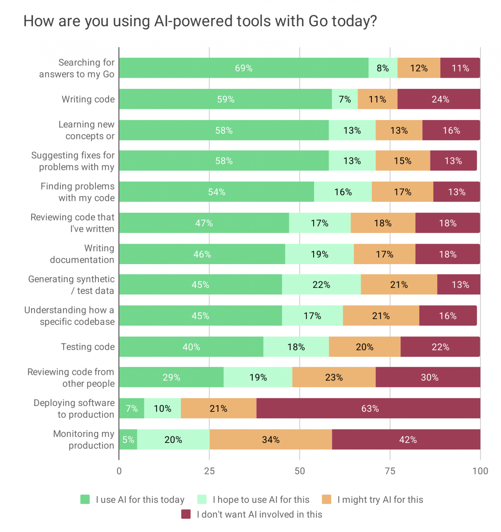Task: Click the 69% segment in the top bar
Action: pos(243,68)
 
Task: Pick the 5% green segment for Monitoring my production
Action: pos(128,439)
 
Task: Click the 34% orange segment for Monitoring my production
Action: pos(270,439)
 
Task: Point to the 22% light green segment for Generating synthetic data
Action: pos(321,284)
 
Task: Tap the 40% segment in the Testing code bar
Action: pos(191,347)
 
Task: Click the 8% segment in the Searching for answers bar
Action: pos(382,68)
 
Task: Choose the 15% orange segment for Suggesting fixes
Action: pos(403,160)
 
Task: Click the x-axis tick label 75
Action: pos(390,471)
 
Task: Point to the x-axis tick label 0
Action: pos(119,471)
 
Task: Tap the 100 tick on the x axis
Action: pos(480,471)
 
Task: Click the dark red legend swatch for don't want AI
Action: pos(186,514)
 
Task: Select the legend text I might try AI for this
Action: pos(380,500)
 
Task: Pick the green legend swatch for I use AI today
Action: pos(85,500)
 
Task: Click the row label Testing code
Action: pos(88,347)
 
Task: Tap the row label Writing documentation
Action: pos(82,254)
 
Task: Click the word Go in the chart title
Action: pos(318,21)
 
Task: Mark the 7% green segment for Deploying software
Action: pos(132,408)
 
